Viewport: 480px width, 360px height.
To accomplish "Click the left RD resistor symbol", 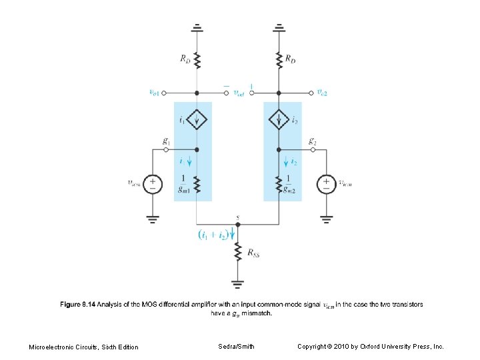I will tap(197, 59).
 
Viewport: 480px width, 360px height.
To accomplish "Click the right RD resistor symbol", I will tap(279, 59).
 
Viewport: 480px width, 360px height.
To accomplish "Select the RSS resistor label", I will tap(253, 253).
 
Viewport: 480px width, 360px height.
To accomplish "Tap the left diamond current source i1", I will tap(197, 121).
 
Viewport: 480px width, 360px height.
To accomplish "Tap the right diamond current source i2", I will tap(279, 121).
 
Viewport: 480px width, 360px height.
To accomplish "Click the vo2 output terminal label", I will tap(321, 93).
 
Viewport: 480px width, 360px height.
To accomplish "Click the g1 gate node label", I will tap(165, 141).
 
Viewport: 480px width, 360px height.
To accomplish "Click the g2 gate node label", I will tap(311, 141).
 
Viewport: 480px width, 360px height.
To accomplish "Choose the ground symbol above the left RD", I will tap(197, 28).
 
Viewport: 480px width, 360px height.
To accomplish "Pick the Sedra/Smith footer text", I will tap(236, 347).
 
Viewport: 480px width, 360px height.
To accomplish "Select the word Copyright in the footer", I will tap(313, 347).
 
